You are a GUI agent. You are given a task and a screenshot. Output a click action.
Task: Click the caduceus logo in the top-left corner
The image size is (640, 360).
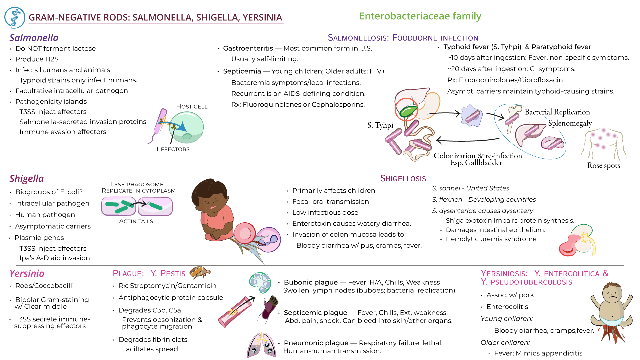click(15, 18)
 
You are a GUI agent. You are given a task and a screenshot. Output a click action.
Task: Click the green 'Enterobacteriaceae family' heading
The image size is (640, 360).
click(420, 16)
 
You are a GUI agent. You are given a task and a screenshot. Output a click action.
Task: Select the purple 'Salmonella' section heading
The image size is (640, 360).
click(34, 38)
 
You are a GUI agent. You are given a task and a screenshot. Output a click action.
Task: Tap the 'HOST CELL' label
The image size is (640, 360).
click(192, 106)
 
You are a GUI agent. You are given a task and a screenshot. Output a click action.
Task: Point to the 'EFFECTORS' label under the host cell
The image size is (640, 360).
click(173, 149)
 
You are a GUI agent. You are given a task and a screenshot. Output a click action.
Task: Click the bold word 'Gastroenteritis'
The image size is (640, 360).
click(248, 48)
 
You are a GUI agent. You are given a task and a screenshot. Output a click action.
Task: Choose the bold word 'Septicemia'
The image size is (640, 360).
click(242, 71)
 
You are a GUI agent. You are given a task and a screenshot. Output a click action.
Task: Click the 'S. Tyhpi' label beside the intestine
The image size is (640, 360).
click(380, 125)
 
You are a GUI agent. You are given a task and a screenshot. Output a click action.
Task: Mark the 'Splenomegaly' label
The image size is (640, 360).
click(570, 123)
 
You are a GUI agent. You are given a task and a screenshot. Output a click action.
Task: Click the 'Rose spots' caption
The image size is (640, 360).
click(603, 165)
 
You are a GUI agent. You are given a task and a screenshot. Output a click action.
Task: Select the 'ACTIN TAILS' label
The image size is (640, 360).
click(136, 221)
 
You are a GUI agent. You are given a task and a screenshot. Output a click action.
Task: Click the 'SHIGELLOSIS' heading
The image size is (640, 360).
click(403, 179)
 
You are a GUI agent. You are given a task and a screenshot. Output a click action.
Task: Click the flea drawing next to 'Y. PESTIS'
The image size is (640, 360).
click(200, 272)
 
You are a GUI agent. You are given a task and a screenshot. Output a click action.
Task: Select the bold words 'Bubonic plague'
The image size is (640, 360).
click(310, 282)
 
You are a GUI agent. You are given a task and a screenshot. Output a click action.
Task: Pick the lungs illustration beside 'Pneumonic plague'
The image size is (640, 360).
click(262, 345)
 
